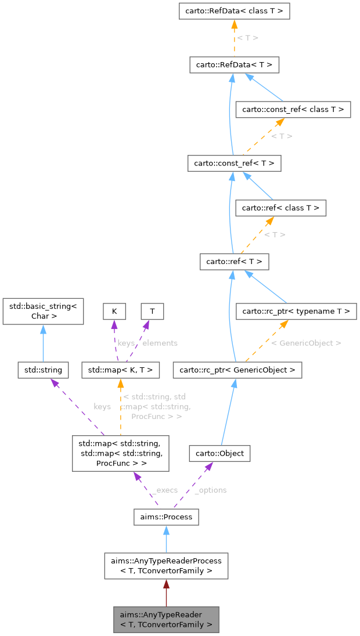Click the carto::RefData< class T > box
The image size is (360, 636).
pos(234,11)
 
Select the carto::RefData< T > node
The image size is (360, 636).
pos(234,64)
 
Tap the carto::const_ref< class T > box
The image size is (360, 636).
pos(293,109)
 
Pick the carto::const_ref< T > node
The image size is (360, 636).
pos(234,163)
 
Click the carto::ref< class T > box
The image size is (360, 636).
pos(280,208)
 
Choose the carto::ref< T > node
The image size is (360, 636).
pos(234,262)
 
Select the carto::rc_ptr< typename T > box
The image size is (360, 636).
pos(296,312)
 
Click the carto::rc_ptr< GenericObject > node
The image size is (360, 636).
pos(237,370)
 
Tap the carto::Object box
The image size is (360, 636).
pos(219,453)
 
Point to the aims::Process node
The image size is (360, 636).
pos(166,516)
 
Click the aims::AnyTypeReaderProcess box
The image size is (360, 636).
pos(166,566)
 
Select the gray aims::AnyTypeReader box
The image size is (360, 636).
pos(166,620)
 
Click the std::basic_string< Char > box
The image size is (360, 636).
pos(43,311)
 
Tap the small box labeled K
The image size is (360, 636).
pos(114,311)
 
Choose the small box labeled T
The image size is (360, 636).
pos(152,311)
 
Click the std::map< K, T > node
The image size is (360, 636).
pos(120,370)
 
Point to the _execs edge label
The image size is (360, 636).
pos(164,490)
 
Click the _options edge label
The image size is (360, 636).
pos(210,490)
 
